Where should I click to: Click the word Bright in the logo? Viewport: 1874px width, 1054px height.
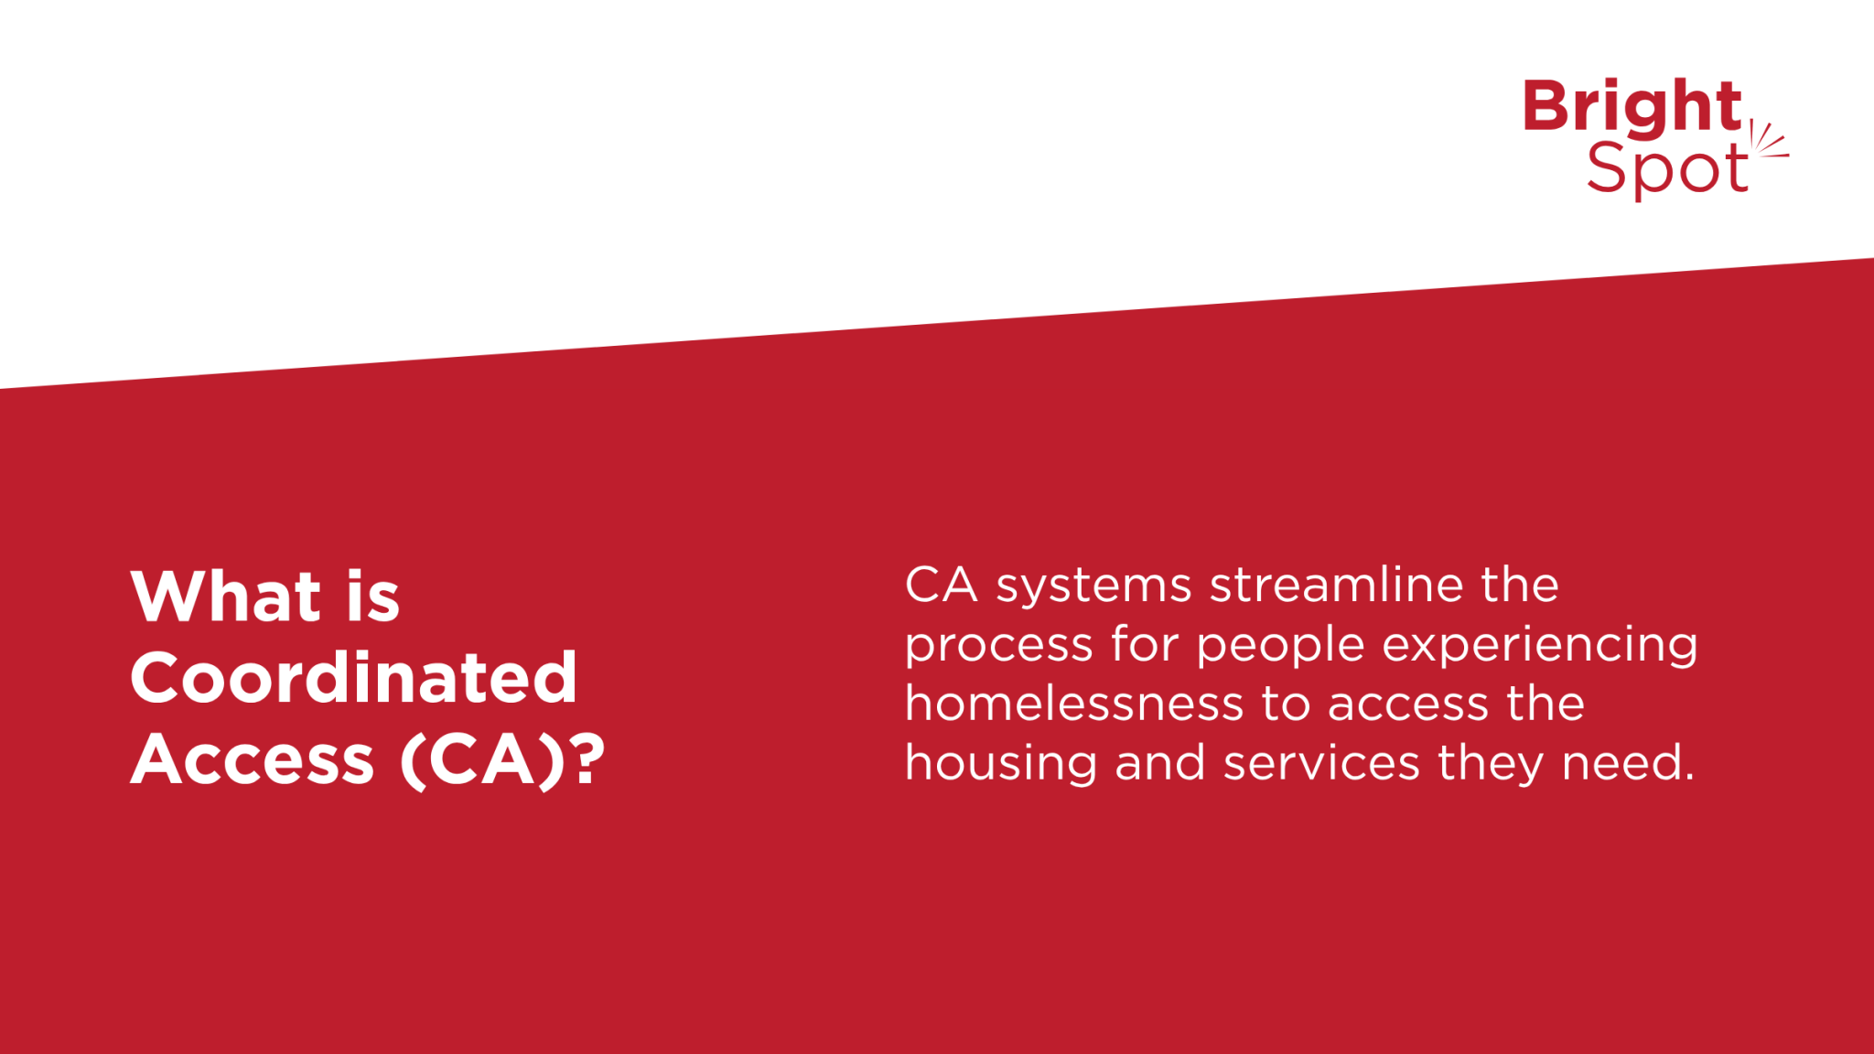pos(1632,107)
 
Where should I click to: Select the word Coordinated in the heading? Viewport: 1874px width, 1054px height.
pos(354,678)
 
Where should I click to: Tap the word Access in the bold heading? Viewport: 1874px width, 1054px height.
pos(253,759)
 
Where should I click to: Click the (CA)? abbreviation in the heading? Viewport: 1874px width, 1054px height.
pos(502,759)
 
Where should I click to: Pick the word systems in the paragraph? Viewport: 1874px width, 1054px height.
pos(1093,586)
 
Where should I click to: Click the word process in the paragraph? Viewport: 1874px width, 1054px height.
pos(998,646)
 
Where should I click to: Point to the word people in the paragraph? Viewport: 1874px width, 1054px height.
pos(1281,646)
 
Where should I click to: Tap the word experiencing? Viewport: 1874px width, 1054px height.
pos(1540,646)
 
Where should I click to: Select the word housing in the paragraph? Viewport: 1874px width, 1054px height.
pos(1001,764)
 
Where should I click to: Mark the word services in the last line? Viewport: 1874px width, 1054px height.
pos(1321,763)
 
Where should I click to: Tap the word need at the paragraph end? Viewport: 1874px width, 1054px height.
pos(1628,763)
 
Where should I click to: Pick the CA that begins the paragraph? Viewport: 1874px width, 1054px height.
pos(941,585)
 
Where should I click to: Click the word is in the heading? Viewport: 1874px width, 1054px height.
pos(372,597)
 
